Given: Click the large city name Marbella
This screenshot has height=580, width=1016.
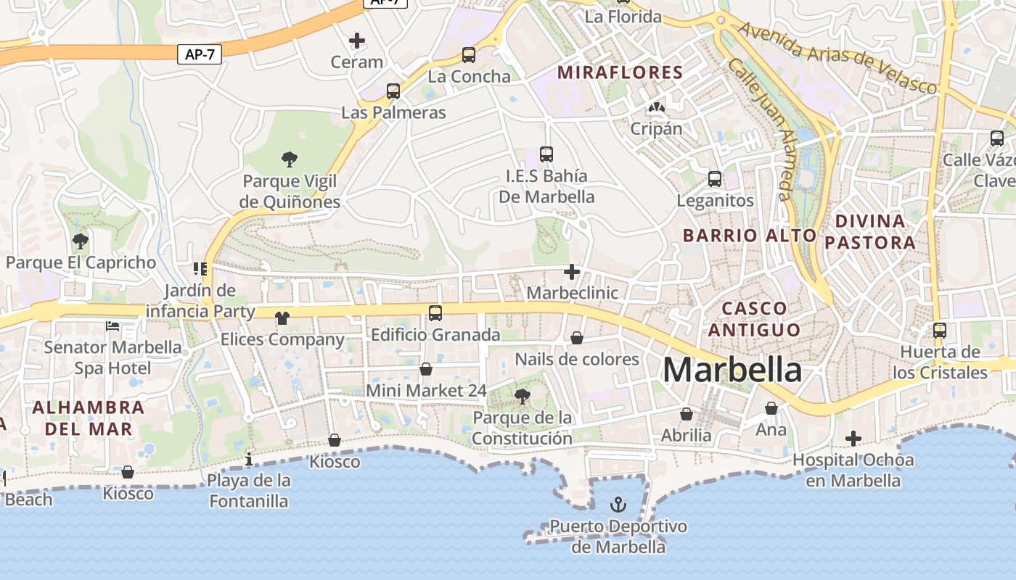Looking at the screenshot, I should (732, 370).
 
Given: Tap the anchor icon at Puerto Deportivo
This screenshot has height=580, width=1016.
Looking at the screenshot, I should (618, 504).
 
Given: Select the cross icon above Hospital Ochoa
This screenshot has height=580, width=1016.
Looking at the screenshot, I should (853, 439).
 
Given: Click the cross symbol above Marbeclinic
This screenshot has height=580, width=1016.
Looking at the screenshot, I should (572, 272).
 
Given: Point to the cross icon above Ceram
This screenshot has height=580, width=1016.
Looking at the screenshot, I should (356, 41).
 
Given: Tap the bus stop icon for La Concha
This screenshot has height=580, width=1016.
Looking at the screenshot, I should (469, 54).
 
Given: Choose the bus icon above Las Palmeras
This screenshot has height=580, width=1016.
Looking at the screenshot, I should (393, 91).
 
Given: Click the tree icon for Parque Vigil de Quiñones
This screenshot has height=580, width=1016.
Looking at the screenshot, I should (290, 159).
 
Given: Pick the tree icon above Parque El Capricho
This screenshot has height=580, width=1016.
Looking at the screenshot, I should (81, 241).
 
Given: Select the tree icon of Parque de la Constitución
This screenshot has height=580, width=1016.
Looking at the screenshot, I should (522, 396).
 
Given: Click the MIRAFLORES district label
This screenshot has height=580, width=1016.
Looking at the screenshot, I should (620, 72).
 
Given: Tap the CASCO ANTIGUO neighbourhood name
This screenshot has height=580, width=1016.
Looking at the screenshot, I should (755, 319).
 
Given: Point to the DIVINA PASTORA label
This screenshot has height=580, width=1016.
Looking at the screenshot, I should (870, 231).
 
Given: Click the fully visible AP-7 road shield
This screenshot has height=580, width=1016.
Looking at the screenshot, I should (200, 54).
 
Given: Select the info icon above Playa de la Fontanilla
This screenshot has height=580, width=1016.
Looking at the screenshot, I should (249, 459).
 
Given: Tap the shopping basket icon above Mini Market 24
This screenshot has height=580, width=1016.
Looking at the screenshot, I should (426, 369).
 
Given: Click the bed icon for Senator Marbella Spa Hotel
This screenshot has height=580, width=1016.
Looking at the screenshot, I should (112, 326).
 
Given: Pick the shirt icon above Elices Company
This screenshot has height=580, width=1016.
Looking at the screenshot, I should (282, 318).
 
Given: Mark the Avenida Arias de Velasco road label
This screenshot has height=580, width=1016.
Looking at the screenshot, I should (838, 58).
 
